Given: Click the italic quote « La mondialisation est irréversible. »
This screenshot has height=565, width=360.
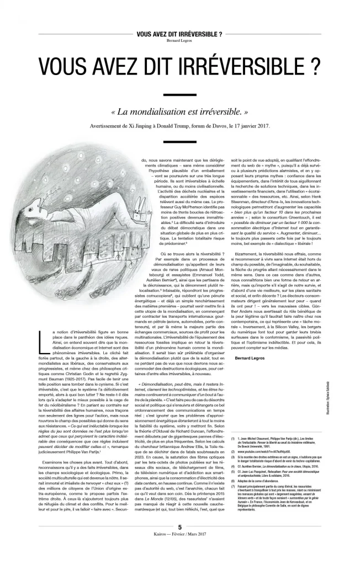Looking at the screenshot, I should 179,112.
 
